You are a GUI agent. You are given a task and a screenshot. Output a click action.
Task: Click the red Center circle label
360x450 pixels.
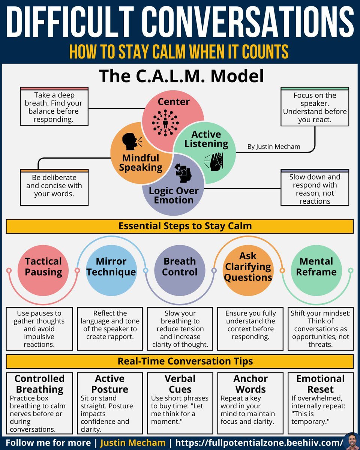[x=174, y=102]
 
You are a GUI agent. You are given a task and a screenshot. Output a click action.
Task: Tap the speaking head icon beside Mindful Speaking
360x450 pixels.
[x=132, y=141]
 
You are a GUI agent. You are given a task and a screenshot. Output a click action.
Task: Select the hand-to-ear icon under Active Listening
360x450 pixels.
[x=214, y=161]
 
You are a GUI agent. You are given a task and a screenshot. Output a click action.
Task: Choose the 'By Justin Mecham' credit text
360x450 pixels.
[x=274, y=147]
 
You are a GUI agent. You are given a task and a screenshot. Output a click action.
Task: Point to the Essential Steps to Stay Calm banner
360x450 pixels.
[x=180, y=226]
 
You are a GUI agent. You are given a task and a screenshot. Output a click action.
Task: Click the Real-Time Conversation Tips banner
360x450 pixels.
[x=180, y=361]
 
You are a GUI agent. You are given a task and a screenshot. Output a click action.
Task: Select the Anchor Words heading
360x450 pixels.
[x=250, y=384]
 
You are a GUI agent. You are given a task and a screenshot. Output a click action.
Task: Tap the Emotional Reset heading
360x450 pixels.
[x=320, y=384]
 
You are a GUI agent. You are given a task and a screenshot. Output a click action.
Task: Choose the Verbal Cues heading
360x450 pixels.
[x=180, y=384]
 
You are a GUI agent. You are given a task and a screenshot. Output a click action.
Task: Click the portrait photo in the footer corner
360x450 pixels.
[x=351, y=441]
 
